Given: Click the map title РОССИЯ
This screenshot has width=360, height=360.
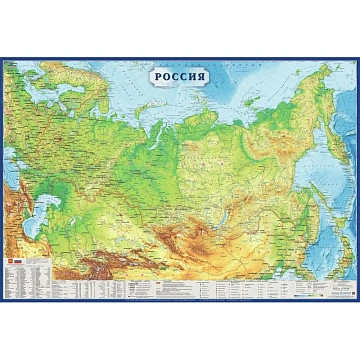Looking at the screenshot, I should pos(179,77).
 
